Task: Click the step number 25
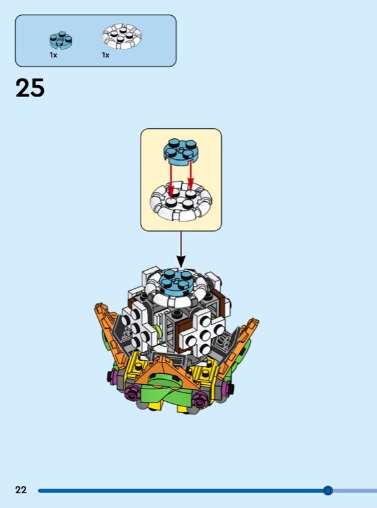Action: [x=30, y=88]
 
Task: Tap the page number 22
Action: [x=21, y=489]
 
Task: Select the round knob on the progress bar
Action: [x=327, y=490]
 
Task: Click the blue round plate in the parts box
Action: [x=60, y=40]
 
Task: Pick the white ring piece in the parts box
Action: [x=121, y=36]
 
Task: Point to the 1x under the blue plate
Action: [x=53, y=55]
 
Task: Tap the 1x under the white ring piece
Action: [x=106, y=55]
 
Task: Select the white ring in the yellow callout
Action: [x=181, y=201]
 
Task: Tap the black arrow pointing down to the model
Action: [x=181, y=250]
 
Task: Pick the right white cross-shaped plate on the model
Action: [x=202, y=335]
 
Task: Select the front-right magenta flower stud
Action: [x=200, y=400]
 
